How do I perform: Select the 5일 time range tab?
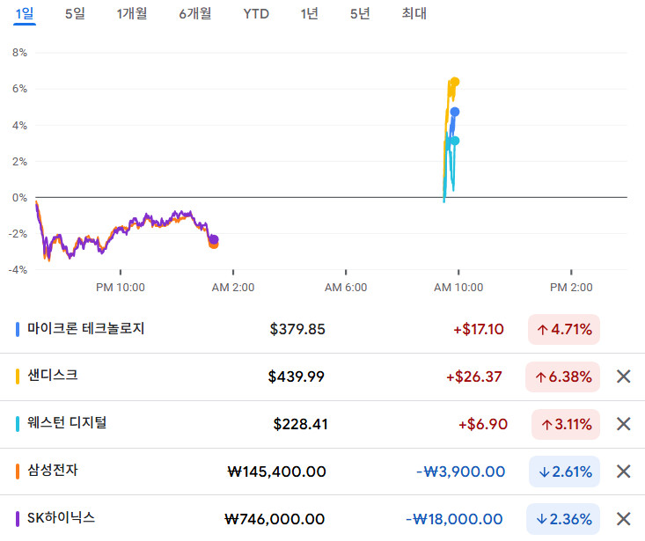(75, 13)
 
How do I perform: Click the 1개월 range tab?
(132, 13)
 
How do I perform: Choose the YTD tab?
(256, 13)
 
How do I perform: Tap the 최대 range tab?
(414, 13)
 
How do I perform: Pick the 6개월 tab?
(195, 13)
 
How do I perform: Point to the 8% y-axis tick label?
(19, 53)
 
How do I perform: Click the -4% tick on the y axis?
(18, 270)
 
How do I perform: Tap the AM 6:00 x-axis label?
(346, 287)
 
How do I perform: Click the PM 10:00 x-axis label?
(121, 287)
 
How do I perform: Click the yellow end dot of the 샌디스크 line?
(454, 82)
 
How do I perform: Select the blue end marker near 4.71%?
(455, 112)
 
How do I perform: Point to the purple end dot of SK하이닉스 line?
(214, 239)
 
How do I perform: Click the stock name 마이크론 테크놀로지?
(85, 329)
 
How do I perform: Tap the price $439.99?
(297, 377)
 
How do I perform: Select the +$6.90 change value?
(482, 424)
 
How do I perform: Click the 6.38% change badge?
(563, 377)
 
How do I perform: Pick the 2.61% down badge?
(565, 472)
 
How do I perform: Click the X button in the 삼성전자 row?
(624, 472)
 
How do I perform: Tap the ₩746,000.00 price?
(275, 519)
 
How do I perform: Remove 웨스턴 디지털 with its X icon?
(624, 424)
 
